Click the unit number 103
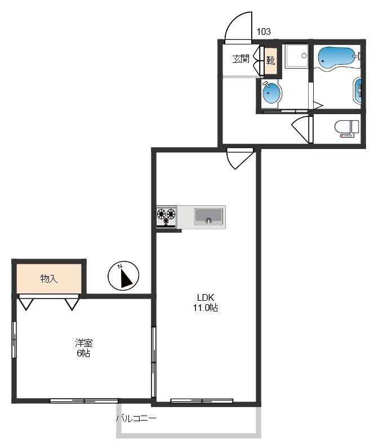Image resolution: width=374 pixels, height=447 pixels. pos(264,31)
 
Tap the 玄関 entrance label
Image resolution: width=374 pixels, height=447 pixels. pos(241,59)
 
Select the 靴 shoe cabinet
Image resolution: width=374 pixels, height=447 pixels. pos(271,60)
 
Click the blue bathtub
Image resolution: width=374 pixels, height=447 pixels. pos(337,58)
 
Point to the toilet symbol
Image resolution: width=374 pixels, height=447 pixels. pos(347,129)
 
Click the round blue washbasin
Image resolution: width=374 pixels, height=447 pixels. pos(271,93)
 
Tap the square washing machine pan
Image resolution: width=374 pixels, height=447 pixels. pos(297,56)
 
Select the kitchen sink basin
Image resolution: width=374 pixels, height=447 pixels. pos(208,216)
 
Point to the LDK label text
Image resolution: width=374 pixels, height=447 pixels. pos(206,297)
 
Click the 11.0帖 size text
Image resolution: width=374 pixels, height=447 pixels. pos(206,308)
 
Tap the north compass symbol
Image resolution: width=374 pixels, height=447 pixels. pos(123,276)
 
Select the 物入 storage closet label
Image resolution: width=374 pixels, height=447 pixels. pos(49,278)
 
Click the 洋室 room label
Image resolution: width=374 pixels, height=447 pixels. pos(84,342)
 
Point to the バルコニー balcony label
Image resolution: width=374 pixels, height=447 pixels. pos(136,418)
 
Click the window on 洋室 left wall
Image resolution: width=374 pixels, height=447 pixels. pos(14,340)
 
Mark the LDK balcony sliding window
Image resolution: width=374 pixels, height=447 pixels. pos(202,400)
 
